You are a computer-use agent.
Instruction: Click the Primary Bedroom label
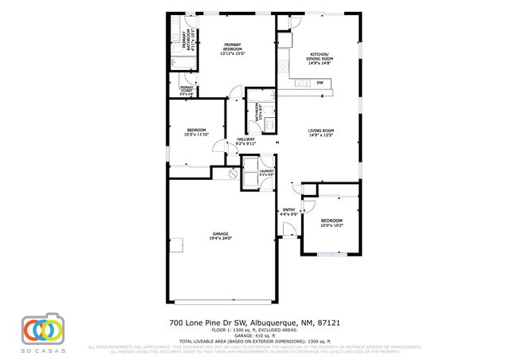click(x=233, y=47)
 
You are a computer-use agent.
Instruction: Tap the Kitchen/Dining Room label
click(x=320, y=57)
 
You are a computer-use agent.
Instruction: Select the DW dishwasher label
click(x=320, y=82)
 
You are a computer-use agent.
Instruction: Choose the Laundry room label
click(x=266, y=172)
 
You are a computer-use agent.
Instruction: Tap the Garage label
click(x=221, y=235)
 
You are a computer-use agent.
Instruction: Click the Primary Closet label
click(x=186, y=89)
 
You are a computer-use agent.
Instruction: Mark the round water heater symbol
click(x=233, y=174)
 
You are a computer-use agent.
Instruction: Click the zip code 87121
click(x=330, y=323)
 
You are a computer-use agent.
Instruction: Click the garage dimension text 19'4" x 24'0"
click(x=221, y=238)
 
